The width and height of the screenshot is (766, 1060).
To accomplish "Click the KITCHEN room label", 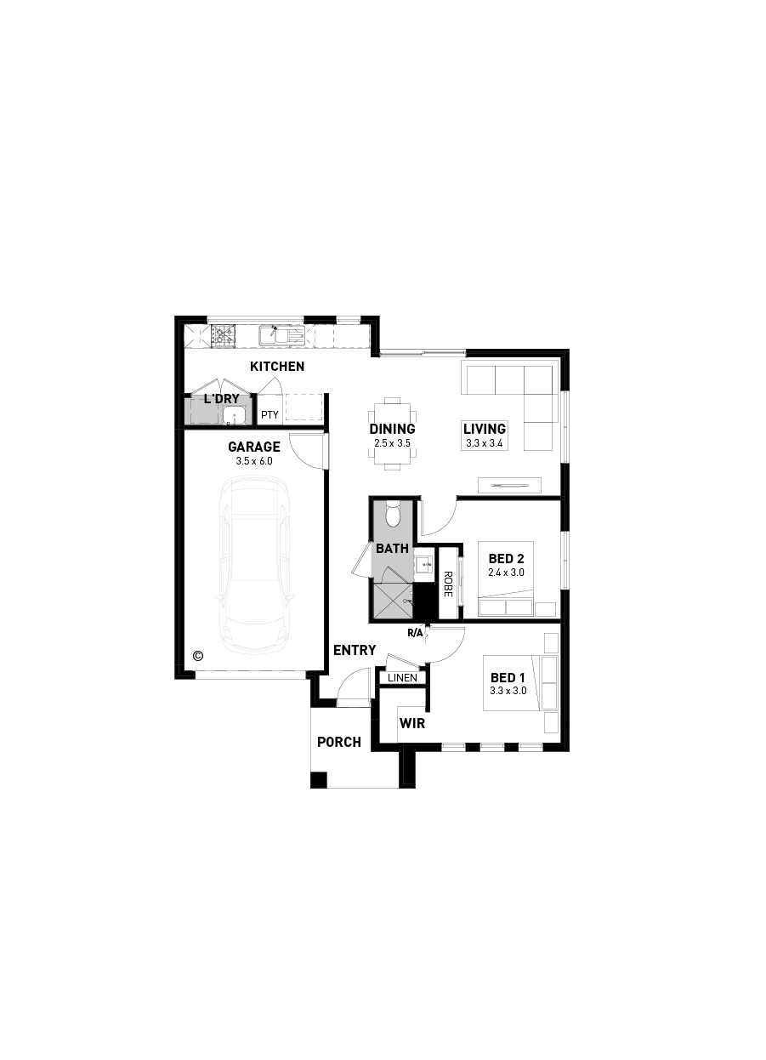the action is (x=277, y=367).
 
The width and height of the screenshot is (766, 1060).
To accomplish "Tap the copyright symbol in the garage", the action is (x=198, y=655).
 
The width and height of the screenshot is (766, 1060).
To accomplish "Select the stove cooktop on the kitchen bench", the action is (x=223, y=335).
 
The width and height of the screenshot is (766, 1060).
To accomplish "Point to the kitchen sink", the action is (x=281, y=335).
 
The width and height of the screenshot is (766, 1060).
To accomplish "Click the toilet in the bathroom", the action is (x=393, y=514).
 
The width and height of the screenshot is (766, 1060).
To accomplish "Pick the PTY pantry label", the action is (x=270, y=415).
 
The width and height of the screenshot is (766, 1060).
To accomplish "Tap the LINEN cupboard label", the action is (x=402, y=678).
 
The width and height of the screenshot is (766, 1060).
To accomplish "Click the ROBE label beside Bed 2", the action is (x=448, y=584).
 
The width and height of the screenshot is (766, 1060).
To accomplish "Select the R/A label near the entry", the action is (x=415, y=633).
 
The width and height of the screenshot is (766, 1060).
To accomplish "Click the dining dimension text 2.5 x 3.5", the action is (x=392, y=443).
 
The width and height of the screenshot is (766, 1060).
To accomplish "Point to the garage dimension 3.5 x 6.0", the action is (x=254, y=461).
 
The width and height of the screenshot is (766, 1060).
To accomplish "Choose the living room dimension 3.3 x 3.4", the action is (x=485, y=443).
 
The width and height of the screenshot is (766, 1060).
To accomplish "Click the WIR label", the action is (x=412, y=724).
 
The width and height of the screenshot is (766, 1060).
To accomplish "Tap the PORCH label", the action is (x=339, y=742).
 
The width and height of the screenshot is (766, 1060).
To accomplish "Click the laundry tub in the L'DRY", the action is (x=235, y=416).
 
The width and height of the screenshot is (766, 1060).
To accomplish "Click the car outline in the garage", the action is (x=254, y=566).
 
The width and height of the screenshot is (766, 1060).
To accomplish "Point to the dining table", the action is (x=392, y=434).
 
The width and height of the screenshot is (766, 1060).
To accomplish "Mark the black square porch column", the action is (x=319, y=780).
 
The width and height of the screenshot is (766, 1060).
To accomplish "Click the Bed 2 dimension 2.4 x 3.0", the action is (x=506, y=573).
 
